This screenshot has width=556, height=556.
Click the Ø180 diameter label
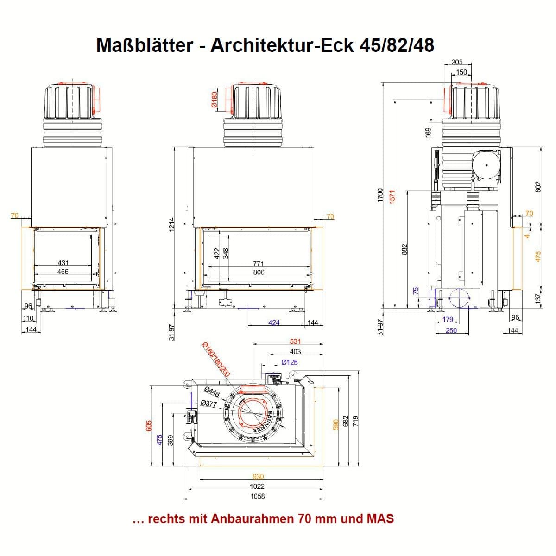point(214,99)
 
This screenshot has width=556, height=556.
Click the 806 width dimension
point(259,272)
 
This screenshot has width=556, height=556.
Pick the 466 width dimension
point(63,272)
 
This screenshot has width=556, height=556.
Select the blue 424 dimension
point(274,322)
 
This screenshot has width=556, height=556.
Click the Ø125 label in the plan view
point(289,362)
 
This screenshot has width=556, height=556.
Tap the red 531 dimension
point(295,342)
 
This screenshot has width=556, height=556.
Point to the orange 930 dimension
point(258,477)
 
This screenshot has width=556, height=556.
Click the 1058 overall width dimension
point(257,496)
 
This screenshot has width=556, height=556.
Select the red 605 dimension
point(149,426)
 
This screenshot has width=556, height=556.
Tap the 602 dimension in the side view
point(538,186)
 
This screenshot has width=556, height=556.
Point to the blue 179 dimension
point(448,320)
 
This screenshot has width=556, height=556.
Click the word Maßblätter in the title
point(145,45)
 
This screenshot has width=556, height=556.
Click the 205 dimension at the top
point(457,63)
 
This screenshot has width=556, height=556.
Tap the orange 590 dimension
point(336,425)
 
